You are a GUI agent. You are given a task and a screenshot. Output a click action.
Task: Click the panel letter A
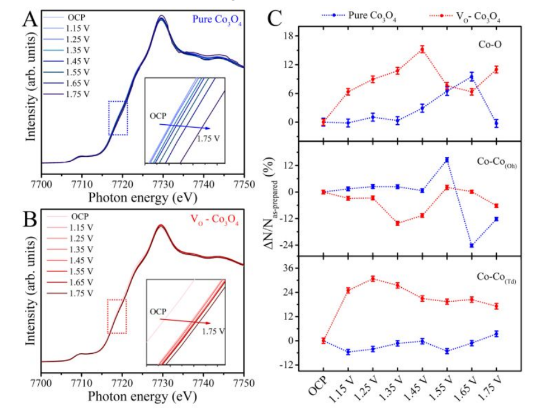coord(29,21)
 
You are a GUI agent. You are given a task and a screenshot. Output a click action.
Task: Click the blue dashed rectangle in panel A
coord(118,118)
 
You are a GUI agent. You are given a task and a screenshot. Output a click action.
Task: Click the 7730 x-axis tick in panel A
coord(162,184)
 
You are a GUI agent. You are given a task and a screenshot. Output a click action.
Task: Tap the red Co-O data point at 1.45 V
coord(422,49)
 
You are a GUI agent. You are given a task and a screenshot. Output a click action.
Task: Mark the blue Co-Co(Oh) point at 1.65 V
coord(471,245)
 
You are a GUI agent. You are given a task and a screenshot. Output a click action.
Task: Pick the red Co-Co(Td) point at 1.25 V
coord(373,279)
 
